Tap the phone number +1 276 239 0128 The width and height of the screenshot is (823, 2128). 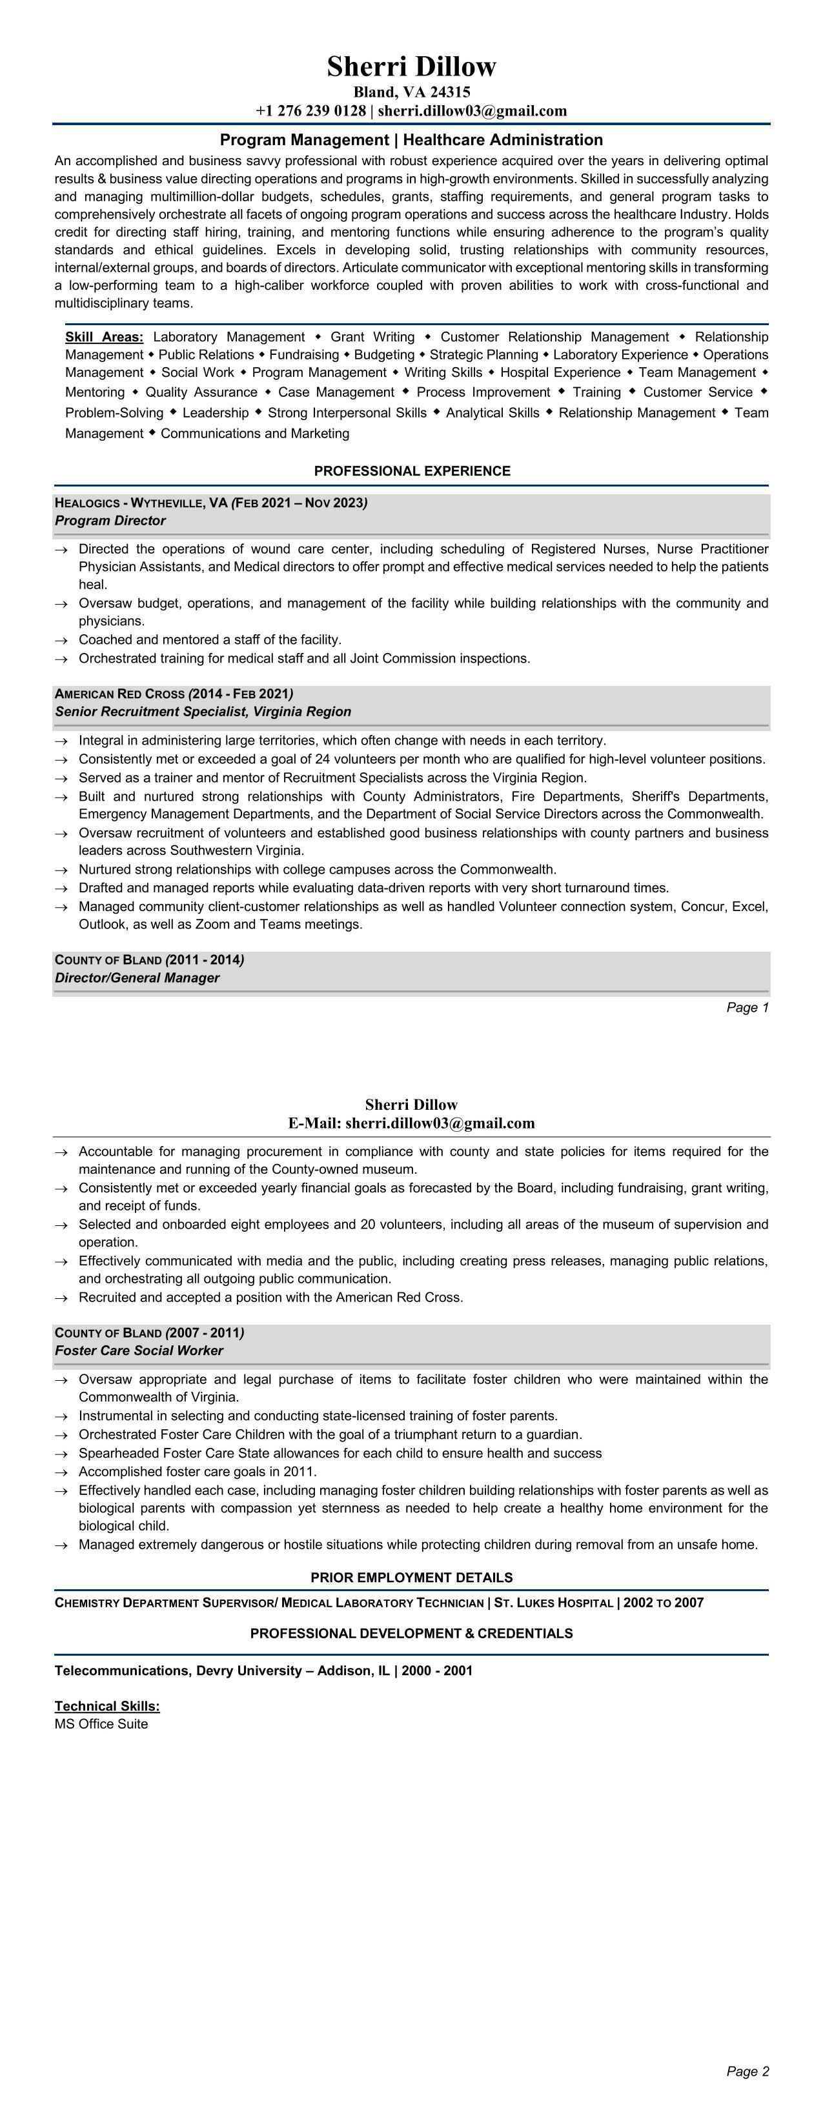tap(310, 111)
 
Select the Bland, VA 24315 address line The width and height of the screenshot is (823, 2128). tap(412, 92)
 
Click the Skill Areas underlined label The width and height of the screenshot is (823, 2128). tap(104, 337)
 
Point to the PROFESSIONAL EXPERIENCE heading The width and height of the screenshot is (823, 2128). tap(412, 471)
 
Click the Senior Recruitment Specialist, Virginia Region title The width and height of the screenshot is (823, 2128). tap(203, 711)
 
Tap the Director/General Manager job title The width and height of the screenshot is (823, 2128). tap(137, 978)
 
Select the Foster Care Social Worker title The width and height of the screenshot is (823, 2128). tap(139, 1350)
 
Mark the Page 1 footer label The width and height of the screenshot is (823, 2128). tap(747, 1007)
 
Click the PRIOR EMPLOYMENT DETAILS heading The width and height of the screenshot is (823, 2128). tap(412, 1577)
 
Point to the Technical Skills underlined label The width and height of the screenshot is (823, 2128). tap(107, 1706)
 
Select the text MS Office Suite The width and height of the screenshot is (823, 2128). tap(101, 1724)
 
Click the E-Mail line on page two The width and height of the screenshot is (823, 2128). tap(412, 1123)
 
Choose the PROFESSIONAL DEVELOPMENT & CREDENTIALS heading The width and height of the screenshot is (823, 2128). tap(412, 1633)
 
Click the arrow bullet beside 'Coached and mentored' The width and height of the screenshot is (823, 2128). tap(61, 640)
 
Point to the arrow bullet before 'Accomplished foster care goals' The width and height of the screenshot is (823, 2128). tap(61, 1472)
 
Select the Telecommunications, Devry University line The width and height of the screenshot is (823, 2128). tap(263, 1671)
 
